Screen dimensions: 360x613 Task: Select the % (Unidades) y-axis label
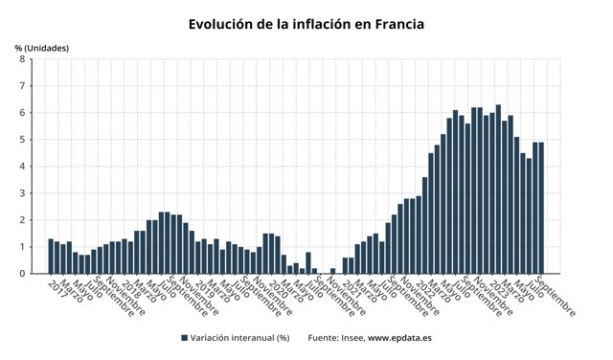pos(42,47)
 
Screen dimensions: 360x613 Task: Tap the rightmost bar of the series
pos(541,208)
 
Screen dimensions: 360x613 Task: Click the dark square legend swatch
pos(184,338)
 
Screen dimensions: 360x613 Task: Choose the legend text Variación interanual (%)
pos(239,338)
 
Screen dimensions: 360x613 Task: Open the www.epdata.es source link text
pos(399,338)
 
